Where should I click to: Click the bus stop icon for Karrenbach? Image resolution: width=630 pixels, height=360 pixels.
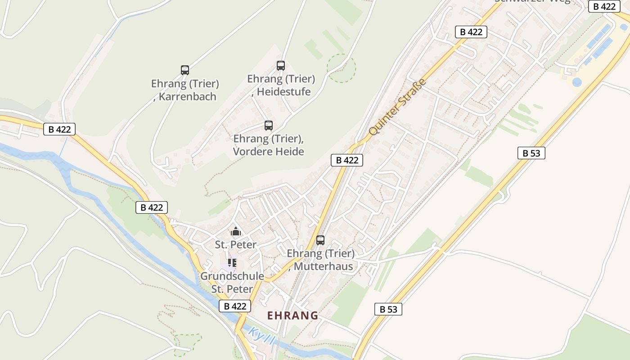(x=185, y=70)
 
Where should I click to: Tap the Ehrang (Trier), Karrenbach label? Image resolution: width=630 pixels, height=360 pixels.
(x=184, y=90)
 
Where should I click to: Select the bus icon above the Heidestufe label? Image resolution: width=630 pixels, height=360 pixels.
(x=281, y=66)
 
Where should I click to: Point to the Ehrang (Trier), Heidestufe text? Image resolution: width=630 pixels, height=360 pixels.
(x=281, y=85)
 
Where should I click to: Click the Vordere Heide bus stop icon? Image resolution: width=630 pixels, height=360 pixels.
(x=269, y=126)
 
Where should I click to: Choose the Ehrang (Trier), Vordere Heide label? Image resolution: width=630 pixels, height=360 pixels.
(x=268, y=145)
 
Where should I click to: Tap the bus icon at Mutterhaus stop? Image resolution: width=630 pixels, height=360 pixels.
(x=320, y=240)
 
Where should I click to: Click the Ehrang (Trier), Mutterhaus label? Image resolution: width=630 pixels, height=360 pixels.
(x=321, y=260)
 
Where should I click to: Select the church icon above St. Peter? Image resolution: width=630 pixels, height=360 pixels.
(x=236, y=232)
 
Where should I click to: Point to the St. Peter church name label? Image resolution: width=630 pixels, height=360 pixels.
(x=236, y=245)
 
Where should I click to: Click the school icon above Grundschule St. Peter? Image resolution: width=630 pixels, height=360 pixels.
(x=232, y=262)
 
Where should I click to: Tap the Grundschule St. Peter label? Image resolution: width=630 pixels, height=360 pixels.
(x=232, y=282)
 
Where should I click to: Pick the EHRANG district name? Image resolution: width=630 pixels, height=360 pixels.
(x=293, y=315)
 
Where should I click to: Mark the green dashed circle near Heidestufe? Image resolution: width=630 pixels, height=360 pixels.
(x=341, y=68)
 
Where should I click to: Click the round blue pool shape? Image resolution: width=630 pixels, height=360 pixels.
(x=577, y=82)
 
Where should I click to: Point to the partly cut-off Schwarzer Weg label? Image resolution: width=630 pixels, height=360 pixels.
(x=532, y=1)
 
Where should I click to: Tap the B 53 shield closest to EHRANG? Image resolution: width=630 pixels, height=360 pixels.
(x=388, y=309)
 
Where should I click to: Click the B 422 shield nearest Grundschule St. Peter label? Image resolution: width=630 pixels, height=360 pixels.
(x=235, y=306)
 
